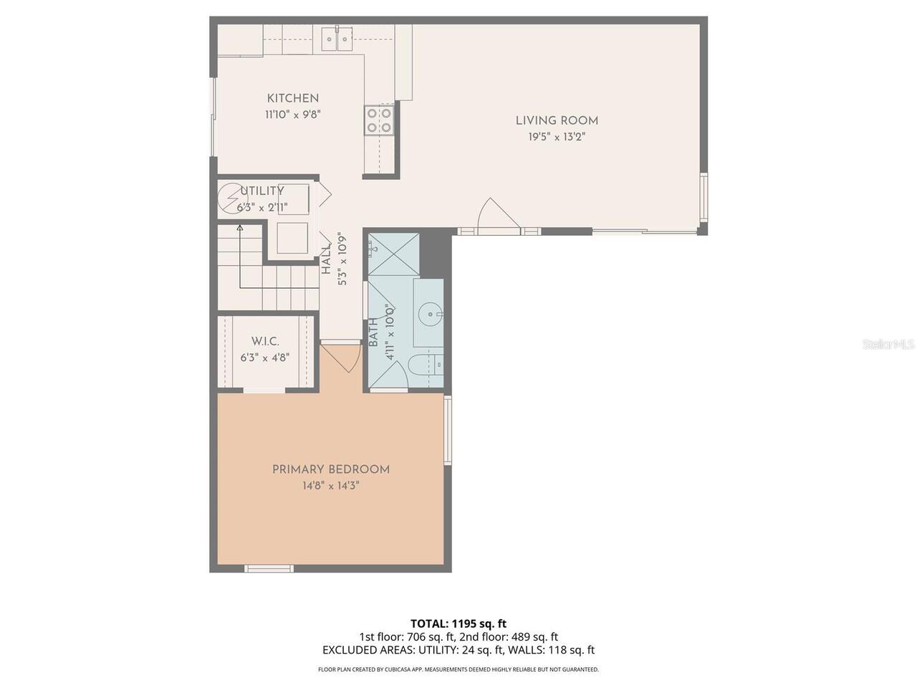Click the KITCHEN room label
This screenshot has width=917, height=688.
tap(292, 99)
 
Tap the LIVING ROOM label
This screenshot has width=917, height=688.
tap(557, 121)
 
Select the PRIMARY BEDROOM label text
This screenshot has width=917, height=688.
tap(330, 469)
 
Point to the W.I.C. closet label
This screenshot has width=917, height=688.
tap(265, 341)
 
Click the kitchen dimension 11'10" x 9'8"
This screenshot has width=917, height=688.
tap(292, 115)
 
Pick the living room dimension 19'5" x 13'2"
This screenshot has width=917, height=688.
tap(557, 137)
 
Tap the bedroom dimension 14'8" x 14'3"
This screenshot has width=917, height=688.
tap(330, 486)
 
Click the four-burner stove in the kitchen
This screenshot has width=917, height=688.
tap(379, 120)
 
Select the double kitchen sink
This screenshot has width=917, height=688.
tap(336, 39)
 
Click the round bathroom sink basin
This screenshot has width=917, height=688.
tap(429, 312)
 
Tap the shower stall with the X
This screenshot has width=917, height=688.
tap(393, 254)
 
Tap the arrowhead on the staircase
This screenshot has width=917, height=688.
tap(240, 228)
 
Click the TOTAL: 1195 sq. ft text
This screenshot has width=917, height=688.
tap(458, 623)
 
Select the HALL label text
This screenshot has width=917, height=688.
tap(326, 259)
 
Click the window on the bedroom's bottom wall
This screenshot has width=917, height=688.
tap(269, 568)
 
